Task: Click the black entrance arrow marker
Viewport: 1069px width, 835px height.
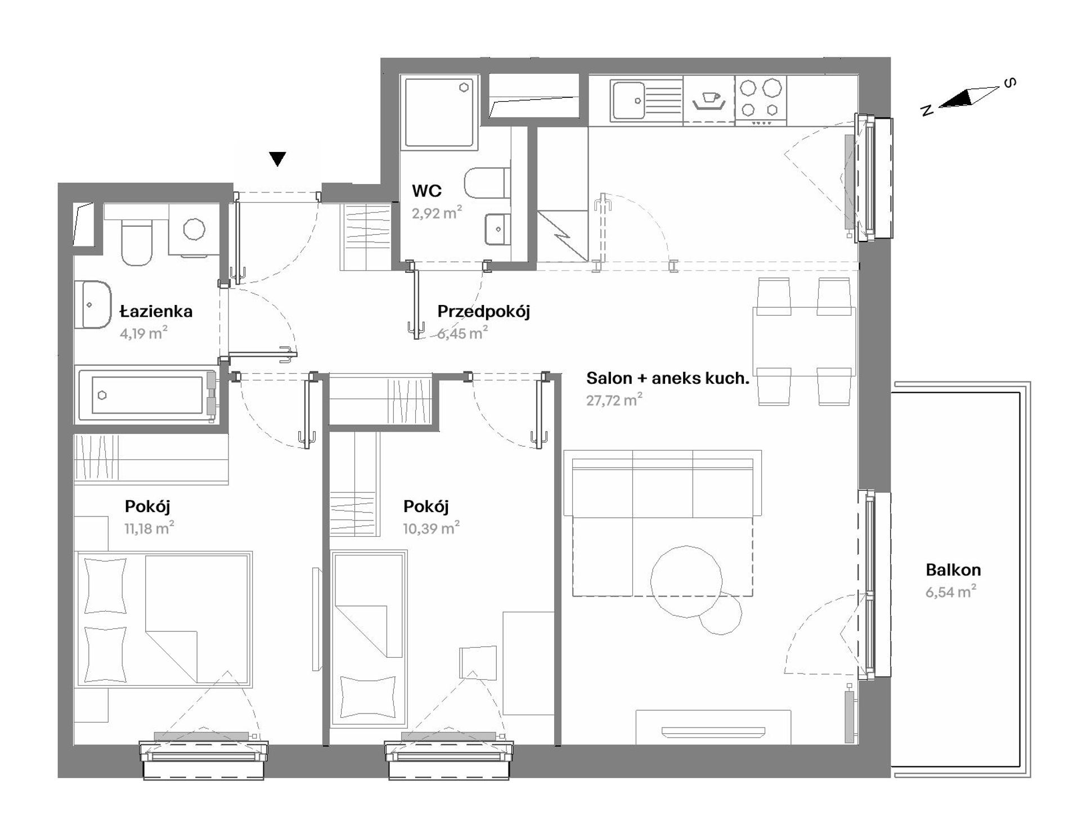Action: (277, 159)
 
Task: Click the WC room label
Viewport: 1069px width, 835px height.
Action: (427, 191)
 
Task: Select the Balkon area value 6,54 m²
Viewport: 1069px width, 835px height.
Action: (951, 591)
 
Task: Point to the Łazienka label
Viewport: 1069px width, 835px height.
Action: (156, 311)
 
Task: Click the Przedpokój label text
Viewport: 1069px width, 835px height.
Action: (484, 311)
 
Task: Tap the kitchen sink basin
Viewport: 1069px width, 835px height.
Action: (629, 100)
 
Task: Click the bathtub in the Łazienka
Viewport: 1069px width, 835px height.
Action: (147, 394)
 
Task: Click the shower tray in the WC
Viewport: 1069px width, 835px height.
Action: (439, 112)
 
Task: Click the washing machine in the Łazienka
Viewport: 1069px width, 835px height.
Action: (194, 230)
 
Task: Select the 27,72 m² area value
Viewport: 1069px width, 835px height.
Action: (614, 400)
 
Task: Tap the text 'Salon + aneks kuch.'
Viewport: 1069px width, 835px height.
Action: (668, 378)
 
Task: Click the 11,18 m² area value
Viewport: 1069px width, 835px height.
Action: (149, 528)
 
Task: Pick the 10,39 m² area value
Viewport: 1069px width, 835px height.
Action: (431, 528)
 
